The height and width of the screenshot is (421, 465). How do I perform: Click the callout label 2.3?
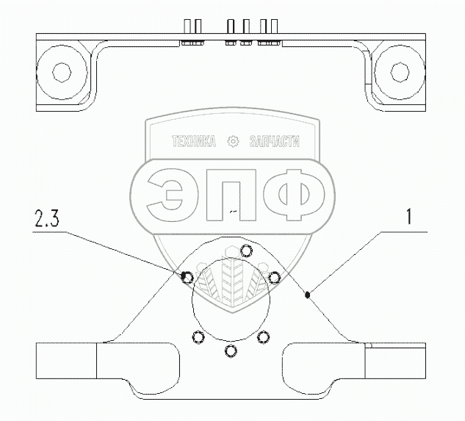[x=47, y=217]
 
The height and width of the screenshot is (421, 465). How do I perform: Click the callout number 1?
[x=409, y=216]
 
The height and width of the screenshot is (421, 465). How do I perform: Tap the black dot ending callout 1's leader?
[x=308, y=295]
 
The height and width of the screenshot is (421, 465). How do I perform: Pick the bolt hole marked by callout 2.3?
[x=187, y=277]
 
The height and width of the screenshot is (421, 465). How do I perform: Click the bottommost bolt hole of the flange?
[x=231, y=351]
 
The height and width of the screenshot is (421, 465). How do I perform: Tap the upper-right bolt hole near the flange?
[x=274, y=278]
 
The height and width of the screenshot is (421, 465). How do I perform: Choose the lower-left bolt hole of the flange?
[x=198, y=337]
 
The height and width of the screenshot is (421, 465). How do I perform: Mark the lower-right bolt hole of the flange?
[x=263, y=337]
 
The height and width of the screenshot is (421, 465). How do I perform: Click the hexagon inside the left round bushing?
[x=62, y=72]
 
